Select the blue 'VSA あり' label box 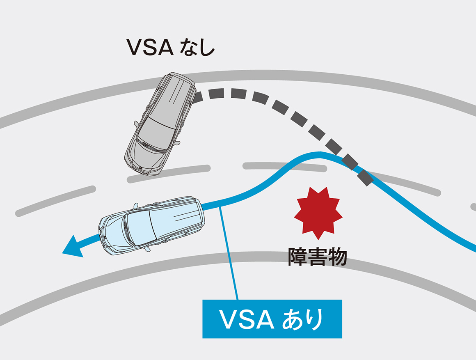[272, 319]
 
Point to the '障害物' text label [317, 257]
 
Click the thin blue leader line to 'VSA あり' [230, 255]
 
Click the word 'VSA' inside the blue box [241, 319]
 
